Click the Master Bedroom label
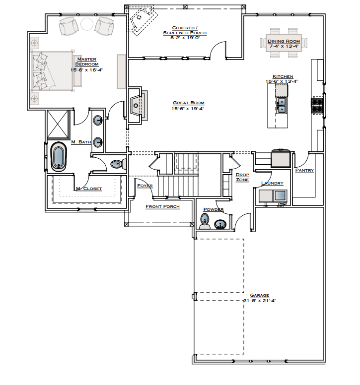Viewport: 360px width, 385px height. click(87, 62)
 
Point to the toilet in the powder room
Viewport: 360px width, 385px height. click(205, 220)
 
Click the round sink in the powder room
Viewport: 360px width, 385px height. click(219, 224)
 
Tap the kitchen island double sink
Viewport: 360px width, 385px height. click(282, 105)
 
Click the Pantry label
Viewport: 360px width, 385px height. click(304, 170)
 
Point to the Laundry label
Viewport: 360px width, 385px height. click(272, 183)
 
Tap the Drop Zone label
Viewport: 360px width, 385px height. click(242, 177)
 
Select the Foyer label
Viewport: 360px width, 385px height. click(144, 186)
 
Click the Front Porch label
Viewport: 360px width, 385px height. click(162, 206)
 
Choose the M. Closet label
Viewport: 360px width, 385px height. click(89, 189)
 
